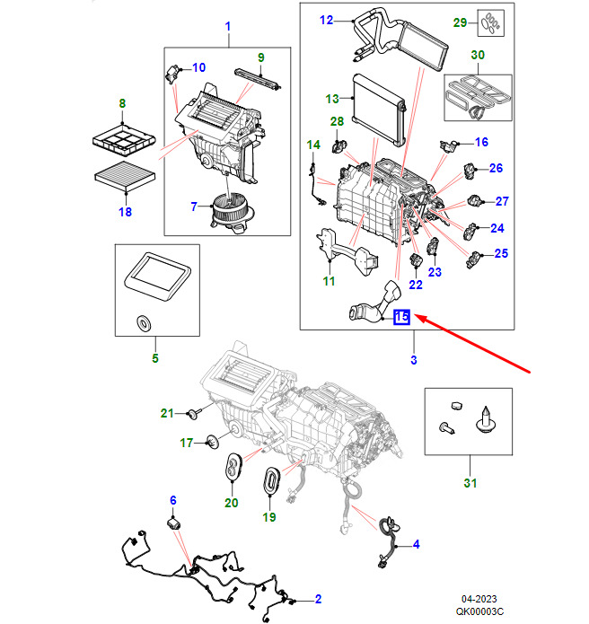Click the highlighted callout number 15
click(x=400, y=317)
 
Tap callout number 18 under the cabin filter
click(x=125, y=212)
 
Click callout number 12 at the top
click(x=326, y=20)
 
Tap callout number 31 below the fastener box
click(x=467, y=485)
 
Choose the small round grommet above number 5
click(x=142, y=322)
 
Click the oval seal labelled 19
click(x=270, y=482)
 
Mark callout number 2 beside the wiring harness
click(x=318, y=599)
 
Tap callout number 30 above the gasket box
click(x=479, y=56)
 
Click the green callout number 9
click(x=260, y=58)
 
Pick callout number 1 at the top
click(x=227, y=27)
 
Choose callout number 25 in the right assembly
click(x=501, y=253)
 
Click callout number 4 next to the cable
click(x=416, y=545)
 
